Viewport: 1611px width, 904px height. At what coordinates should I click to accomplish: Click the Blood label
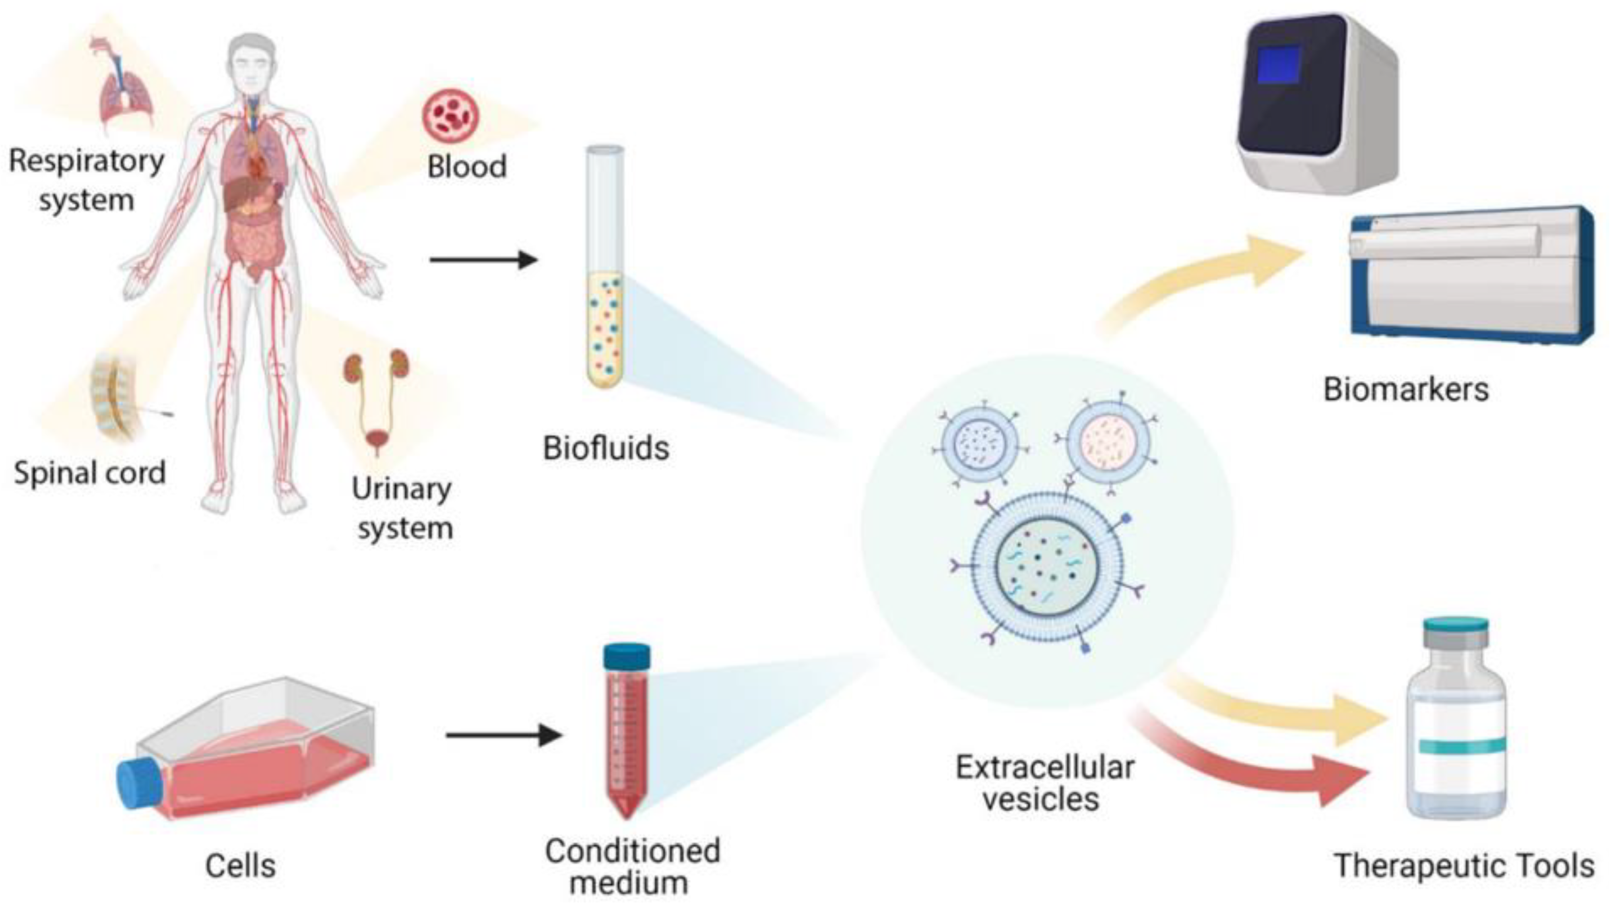click(466, 166)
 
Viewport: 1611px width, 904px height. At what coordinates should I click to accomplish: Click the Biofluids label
click(605, 448)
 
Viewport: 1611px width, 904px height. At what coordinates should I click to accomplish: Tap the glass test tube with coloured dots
click(605, 269)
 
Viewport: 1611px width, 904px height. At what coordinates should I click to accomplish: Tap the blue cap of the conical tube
click(626, 656)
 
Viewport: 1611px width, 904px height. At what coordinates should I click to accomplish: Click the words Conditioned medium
click(631, 867)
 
